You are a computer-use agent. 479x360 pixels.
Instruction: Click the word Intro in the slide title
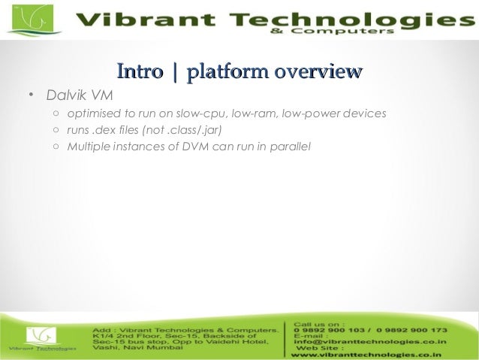pos(140,72)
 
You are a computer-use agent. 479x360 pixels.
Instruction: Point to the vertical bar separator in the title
pos(176,73)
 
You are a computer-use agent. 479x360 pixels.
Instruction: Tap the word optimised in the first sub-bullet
pos(92,114)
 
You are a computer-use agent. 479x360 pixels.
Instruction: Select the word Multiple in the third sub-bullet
pos(87,145)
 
